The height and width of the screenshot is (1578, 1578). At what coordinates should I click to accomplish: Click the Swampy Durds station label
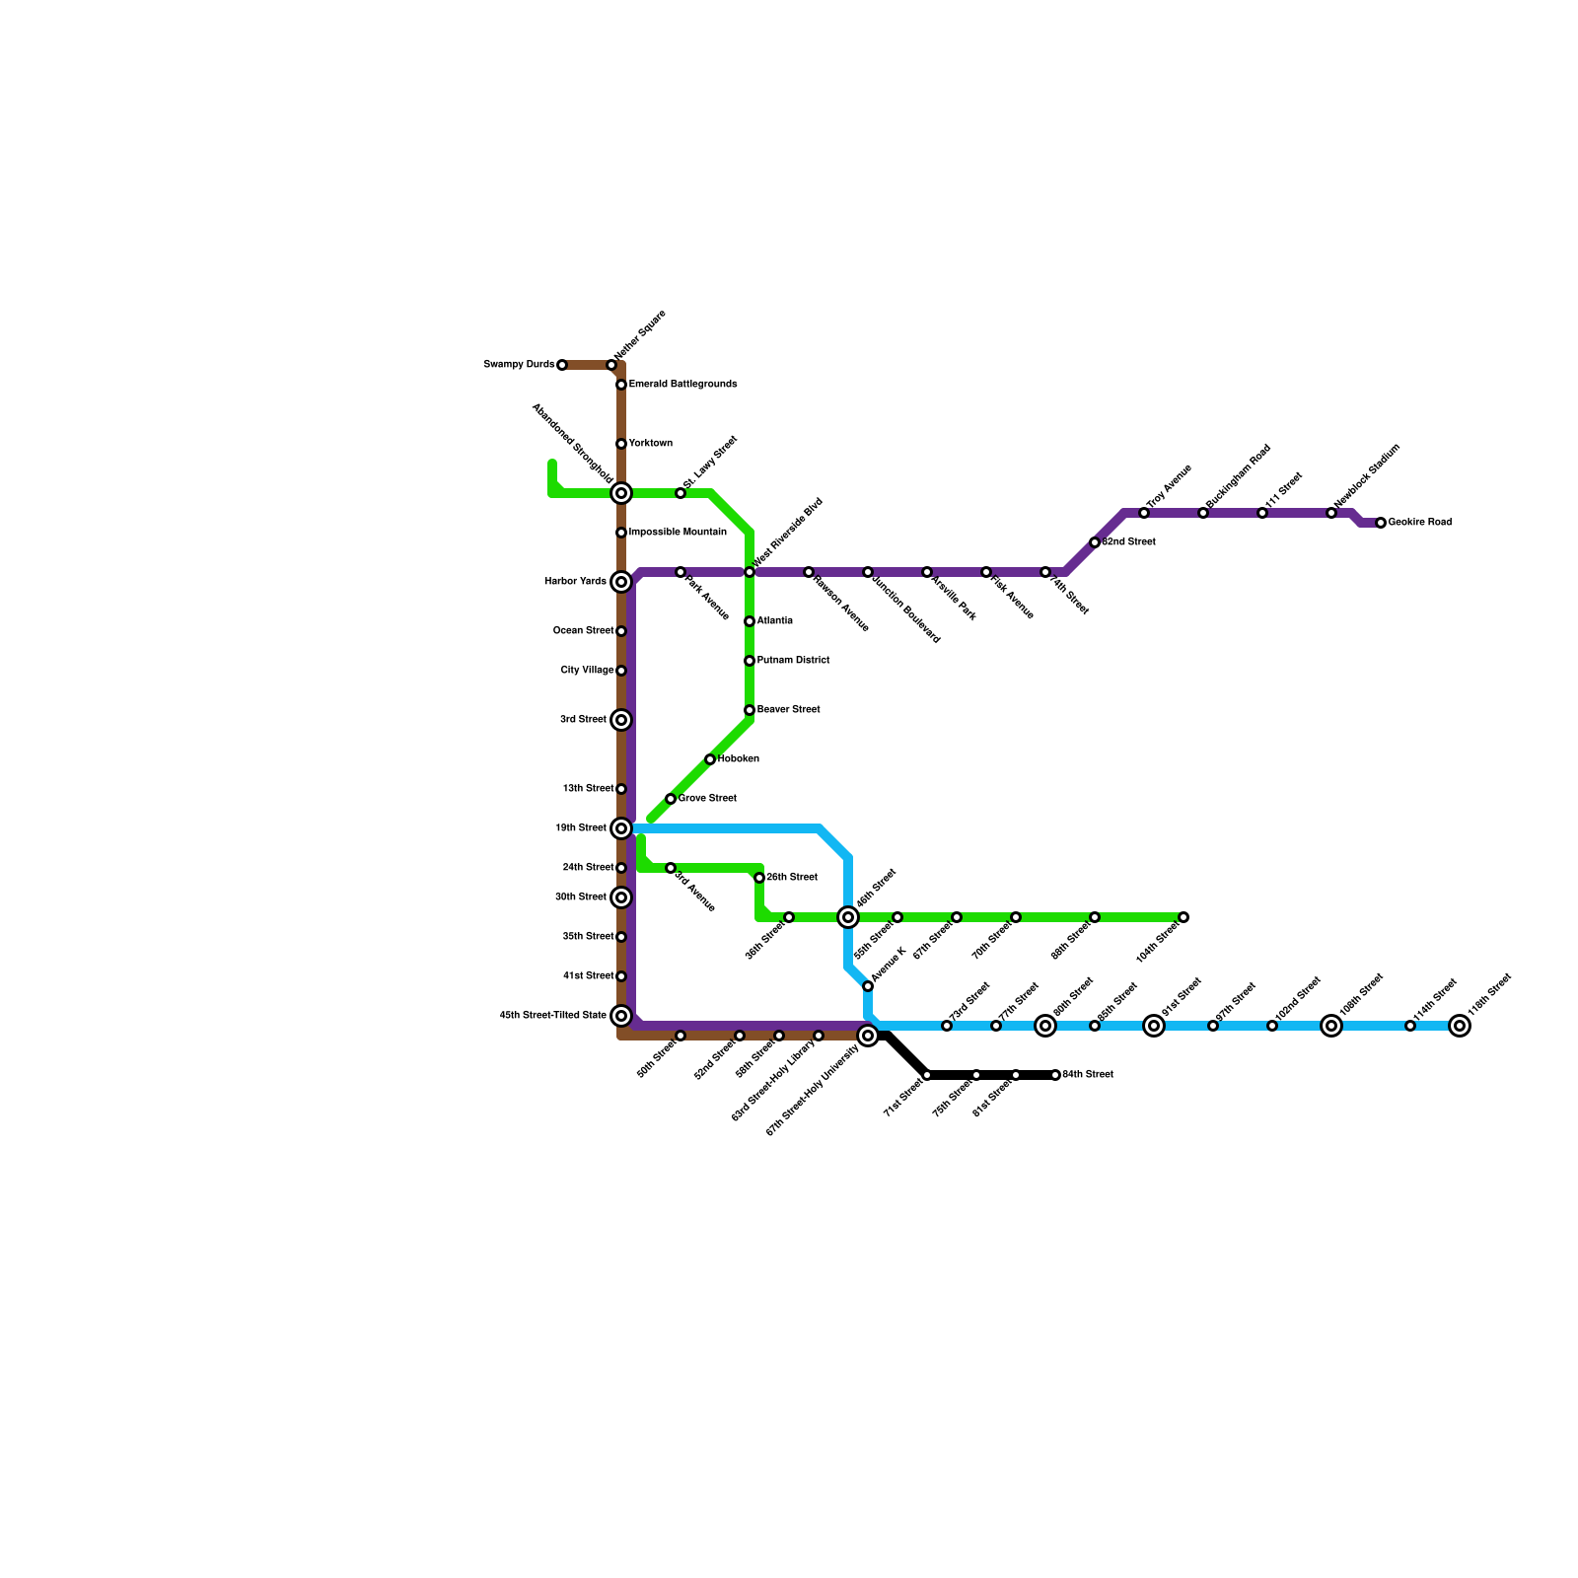click(x=519, y=365)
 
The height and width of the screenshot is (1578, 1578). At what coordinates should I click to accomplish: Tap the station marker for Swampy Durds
click(x=562, y=365)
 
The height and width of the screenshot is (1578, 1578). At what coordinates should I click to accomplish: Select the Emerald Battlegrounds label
click(x=682, y=385)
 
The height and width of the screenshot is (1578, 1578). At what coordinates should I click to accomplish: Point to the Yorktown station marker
click(x=621, y=444)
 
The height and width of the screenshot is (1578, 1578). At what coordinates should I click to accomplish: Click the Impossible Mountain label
click(x=678, y=533)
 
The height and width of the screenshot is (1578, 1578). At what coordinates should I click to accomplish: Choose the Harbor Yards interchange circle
click(x=621, y=582)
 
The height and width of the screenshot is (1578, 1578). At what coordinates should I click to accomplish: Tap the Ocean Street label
click(x=583, y=631)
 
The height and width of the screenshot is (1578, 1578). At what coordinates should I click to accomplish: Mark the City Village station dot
click(x=621, y=671)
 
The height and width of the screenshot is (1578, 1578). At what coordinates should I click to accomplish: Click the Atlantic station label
click(x=774, y=621)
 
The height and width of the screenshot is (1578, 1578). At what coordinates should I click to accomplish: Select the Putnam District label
click(x=793, y=661)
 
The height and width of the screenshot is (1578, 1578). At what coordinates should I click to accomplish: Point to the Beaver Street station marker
click(x=750, y=710)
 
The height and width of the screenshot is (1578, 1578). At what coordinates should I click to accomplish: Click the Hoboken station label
click(x=738, y=759)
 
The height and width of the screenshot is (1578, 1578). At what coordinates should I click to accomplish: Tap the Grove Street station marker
click(x=671, y=799)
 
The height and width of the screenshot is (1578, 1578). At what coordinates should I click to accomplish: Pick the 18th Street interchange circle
click(x=621, y=828)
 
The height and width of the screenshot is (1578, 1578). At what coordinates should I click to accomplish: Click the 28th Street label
click(x=792, y=878)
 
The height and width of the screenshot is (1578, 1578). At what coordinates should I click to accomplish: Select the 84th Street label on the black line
click(x=1088, y=1075)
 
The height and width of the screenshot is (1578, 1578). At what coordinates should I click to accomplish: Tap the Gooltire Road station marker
click(x=1381, y=523)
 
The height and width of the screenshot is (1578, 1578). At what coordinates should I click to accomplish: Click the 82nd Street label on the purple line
click(x=1128, y=542)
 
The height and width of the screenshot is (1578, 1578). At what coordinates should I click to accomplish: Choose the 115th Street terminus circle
click(x=1460, y=1026)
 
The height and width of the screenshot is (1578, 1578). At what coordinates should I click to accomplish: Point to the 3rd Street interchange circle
click(x=621, y=720)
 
